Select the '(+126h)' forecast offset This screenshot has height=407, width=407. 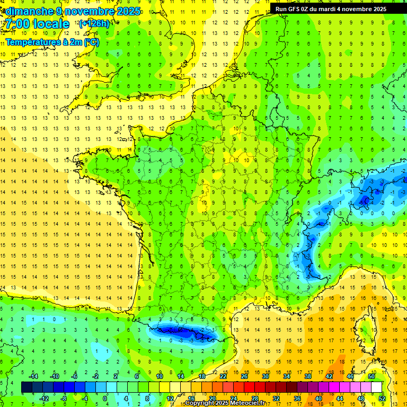coord(94,23)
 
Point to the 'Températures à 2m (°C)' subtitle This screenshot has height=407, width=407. coord(52,42)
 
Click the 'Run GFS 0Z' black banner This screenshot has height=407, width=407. coord(331,9)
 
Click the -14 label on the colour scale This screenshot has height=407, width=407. coord(33,376)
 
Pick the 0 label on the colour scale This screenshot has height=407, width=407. coord(104,399)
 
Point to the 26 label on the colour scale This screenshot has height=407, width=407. coord(244,376)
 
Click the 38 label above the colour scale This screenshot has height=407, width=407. coord(307,376)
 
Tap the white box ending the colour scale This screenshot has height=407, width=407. coord(377,387)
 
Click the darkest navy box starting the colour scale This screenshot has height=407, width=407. coord(26,387)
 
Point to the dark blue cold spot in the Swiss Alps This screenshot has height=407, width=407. coord(365,200)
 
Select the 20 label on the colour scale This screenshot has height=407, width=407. coord(212,399)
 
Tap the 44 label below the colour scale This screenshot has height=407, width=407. coord(340,399)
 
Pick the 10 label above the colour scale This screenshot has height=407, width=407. coord(159,376)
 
